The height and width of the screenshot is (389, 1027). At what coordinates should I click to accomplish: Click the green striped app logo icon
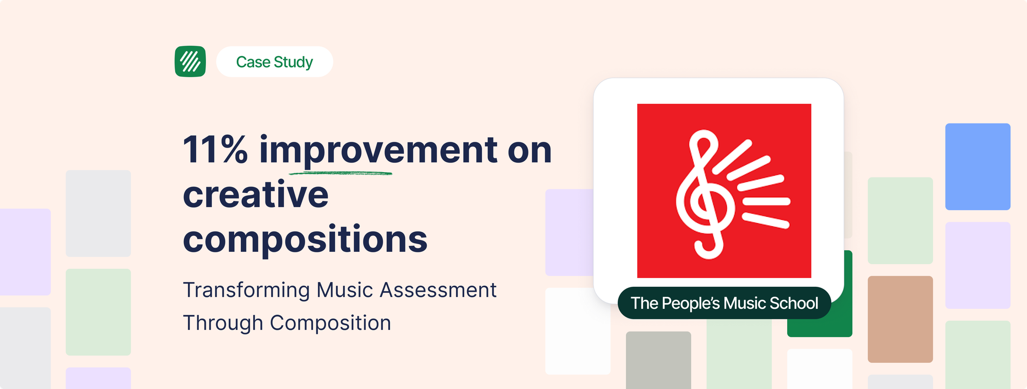pos(190,62)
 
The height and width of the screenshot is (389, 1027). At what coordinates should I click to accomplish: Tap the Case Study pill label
pos(275,62)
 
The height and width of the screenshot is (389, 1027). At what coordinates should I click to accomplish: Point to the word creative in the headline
pos(256,195)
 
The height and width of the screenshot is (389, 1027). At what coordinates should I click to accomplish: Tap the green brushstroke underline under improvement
pos(340,173)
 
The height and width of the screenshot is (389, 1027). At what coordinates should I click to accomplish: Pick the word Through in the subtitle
pos(223,323)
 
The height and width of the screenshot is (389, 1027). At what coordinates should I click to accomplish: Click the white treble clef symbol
pos(704,194)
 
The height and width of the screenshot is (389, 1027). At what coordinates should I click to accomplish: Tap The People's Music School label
pos(724,303)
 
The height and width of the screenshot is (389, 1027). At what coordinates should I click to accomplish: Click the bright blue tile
pos(978,166)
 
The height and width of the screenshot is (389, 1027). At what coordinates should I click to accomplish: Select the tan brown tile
pos(900,319)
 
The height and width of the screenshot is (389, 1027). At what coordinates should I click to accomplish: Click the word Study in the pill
pos(293,62)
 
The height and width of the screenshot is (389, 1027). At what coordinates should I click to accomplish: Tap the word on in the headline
pos(530,151)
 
